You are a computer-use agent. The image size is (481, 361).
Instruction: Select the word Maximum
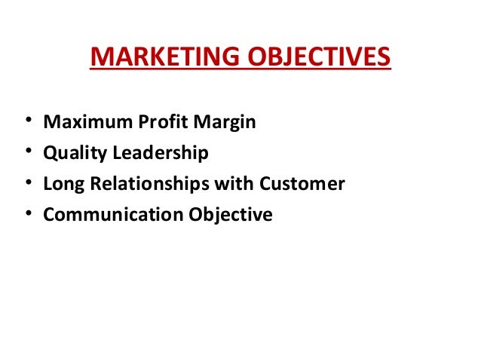click(x=79, y=121)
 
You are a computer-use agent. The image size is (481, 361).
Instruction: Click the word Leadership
click(x=158, y=154)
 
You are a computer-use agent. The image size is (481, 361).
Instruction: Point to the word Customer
click(x=301, y=184)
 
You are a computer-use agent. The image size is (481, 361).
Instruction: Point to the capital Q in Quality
click(x=51, y=153)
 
